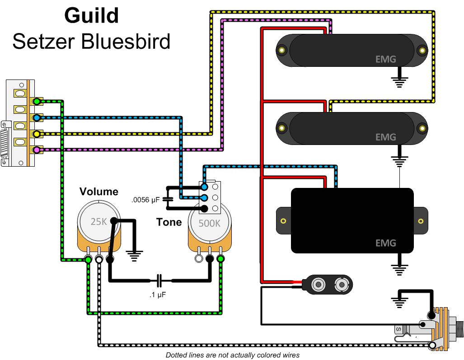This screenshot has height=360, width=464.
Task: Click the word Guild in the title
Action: pos(92,16)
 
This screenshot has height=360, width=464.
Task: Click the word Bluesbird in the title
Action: pos(126,42)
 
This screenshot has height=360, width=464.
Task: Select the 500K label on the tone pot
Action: pos(209,223)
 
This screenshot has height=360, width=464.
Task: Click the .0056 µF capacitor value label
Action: pos(145,199)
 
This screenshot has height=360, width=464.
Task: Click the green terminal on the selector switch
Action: pos(37,102)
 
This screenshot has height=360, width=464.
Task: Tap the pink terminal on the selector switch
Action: pos(37,150)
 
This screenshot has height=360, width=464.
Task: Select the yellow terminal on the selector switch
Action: pos(37,134)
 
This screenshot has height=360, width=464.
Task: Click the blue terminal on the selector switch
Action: pos(37,118)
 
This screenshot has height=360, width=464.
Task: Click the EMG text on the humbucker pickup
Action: pos(385,243)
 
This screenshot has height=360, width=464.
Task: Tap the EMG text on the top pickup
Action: pos(385,59)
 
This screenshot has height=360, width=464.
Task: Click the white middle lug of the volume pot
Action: pos(99,259)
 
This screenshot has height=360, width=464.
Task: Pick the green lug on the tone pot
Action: pos(220,259)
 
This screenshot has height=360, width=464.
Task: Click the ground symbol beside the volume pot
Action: pos(134,257)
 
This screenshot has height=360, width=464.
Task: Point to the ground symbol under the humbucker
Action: pos(398,269)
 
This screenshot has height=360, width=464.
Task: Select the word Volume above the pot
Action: pos(99,192)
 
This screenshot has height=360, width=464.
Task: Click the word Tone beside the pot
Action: pos(169,222)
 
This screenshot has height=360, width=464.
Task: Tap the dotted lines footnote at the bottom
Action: pos(232,355)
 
